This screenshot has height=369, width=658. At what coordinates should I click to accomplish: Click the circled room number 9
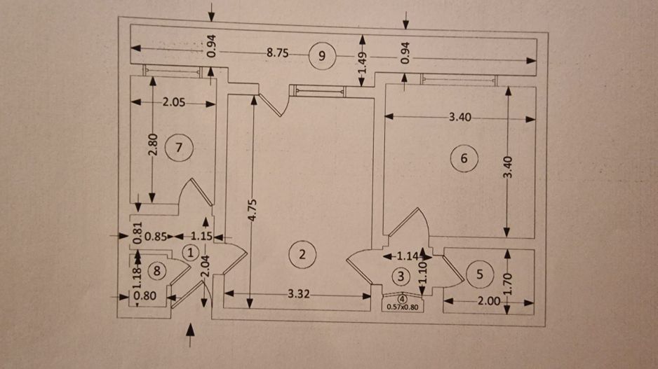(x=322, y=56)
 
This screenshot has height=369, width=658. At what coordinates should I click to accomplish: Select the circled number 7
(x=179, y=148)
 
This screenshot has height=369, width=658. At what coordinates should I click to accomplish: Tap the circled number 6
(x=464, y=158)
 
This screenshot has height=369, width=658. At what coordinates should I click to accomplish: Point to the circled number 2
(x=302, y=254)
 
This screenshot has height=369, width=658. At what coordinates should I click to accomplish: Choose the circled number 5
(x=480, y=274)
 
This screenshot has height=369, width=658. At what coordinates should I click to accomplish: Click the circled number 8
(x=157, y=271)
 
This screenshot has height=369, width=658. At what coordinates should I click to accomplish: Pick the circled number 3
(x=401, y=276)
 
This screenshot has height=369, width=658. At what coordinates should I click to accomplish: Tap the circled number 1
(x=191, y=253)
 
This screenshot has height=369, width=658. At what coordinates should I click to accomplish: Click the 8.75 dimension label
(x=278, y=53)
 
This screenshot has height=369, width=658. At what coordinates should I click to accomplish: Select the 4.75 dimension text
(x=253, y=210)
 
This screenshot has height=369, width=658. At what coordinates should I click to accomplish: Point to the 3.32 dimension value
(x=299, y=294)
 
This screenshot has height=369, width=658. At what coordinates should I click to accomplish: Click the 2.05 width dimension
(x=174, y=102)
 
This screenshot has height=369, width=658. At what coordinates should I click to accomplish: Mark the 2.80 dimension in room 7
(x=154, y=144)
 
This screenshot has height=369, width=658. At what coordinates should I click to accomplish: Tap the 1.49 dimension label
(x=363, y=62)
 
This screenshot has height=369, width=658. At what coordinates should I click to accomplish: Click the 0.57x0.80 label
(x=403, y=307)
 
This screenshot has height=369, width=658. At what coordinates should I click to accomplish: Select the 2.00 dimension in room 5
(x=489, y=301)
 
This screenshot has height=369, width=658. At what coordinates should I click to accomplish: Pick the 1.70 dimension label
(x=508, y=284)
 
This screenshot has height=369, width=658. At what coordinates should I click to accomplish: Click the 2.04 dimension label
(x=205, y=266)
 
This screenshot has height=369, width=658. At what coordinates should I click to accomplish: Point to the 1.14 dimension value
(x=408, y=256)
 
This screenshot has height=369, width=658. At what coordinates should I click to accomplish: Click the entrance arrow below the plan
(x=190, y=335)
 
